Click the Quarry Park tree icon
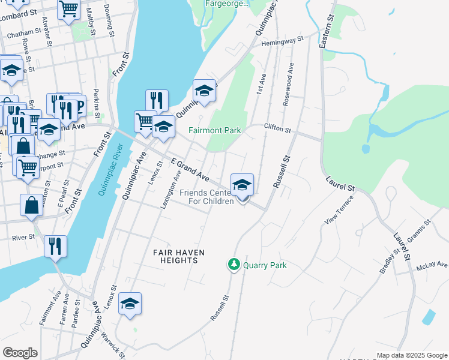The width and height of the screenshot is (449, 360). point(234,264)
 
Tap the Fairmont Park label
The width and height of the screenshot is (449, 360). point(214,130)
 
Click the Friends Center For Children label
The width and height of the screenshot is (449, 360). point(206,197)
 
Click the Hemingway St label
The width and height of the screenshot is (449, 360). point(283,40)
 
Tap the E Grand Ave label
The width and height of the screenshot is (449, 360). point(190,170)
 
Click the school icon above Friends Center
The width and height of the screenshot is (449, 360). point(242,184)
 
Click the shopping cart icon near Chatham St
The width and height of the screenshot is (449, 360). point(69,9)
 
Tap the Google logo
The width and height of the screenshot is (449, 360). point(20,353)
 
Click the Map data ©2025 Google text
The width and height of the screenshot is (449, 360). point(411,355)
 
